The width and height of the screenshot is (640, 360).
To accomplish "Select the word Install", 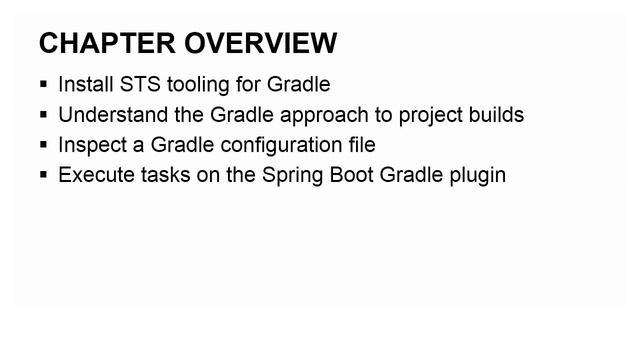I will click(x=84, y=84).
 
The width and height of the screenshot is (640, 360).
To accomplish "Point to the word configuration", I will click(x=277, y=146).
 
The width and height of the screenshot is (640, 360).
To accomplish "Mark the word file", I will click(x=360, y=145).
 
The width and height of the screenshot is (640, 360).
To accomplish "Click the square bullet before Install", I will click(x=44, y=85).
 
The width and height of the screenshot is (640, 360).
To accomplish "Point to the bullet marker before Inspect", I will click(x=44, y=146).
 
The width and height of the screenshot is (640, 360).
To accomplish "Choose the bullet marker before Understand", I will click(x=44, y=115).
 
